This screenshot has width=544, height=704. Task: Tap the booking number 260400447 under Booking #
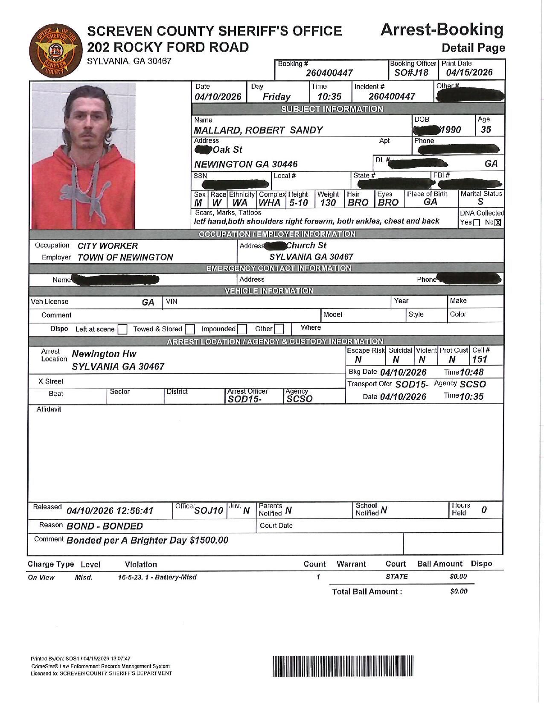pos(329,73)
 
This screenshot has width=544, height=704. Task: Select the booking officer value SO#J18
pos(411,73)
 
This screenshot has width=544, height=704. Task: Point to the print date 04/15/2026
pos(469,73)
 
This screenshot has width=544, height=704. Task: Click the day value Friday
pos(276,97)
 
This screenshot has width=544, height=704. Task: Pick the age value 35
pos(486,130)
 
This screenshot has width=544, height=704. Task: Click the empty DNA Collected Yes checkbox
pos(477,222)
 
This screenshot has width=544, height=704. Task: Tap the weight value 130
pos(328,203)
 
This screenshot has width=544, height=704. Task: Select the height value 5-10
pos(298,203)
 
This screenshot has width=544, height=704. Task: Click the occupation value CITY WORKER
pos(108,246)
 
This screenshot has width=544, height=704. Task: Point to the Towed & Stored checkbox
pos(190,329)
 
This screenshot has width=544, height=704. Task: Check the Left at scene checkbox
pos(122,329)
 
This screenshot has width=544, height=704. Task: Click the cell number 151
pos(480,359)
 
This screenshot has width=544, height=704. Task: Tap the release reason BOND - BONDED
pos(105,526)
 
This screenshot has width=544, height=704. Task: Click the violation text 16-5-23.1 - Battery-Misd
pos(157,577)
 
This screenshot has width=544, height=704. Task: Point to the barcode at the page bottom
pos(343,666)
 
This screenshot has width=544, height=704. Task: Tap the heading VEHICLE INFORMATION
pos(269,291)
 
